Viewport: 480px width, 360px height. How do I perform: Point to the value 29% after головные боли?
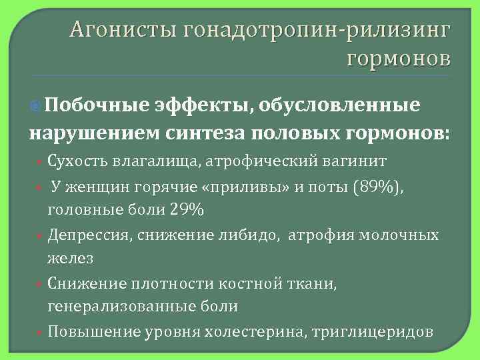tap(187, 209)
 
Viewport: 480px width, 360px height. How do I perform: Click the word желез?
tap(70, 257)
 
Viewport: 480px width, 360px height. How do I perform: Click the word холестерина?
tap(261, 332)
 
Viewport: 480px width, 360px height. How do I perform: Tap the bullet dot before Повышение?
tap(41, 332)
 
